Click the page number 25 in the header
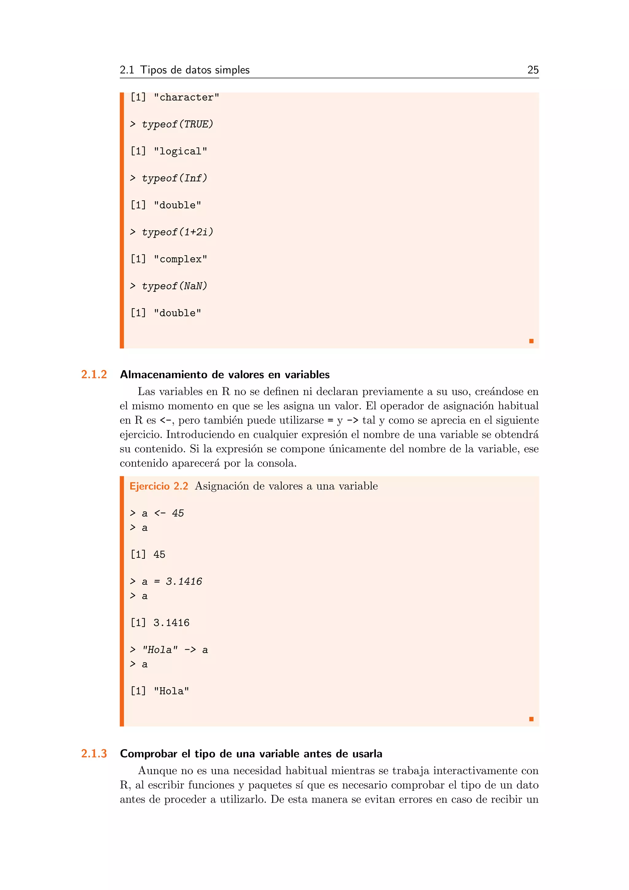pos(533,70)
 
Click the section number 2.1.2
pos(94,374)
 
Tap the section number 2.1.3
pos(94,754)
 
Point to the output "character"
pos(186,97)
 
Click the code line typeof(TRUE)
pos(178,124)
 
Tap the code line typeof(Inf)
pos(174,178)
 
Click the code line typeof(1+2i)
pos(178,232)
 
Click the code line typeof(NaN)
pos(174,286)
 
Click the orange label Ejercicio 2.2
pos(159,486)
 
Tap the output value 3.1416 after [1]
pos(171,623)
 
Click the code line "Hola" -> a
pos(175,650)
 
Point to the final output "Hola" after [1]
pos(171,691)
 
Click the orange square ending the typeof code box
pos(531,341)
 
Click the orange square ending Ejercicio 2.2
pos(531,719)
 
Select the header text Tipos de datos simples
pos(195,70)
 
